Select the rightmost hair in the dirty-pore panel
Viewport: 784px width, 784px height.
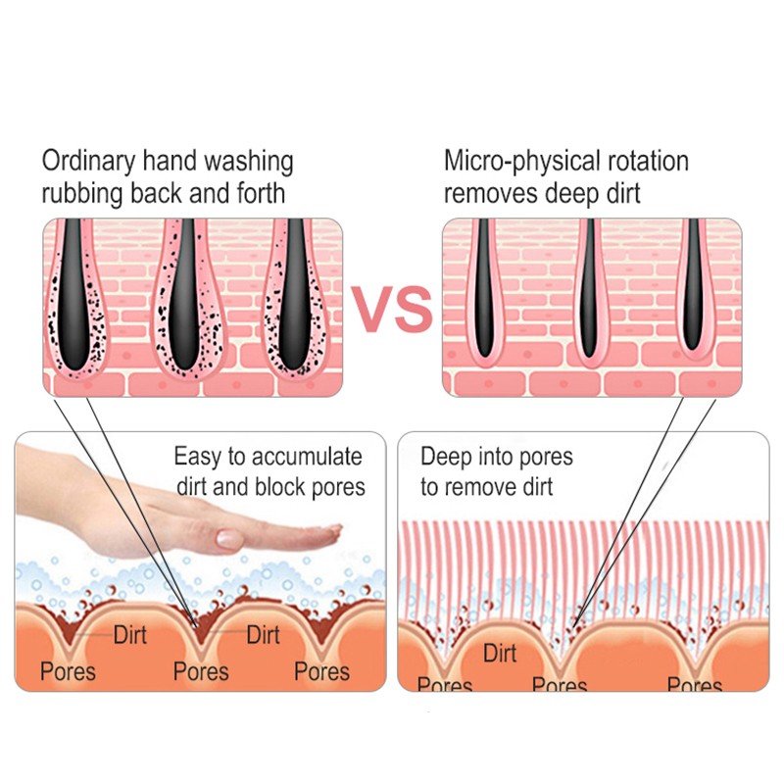(294, 294)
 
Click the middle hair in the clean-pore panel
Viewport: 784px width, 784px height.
(587, 289)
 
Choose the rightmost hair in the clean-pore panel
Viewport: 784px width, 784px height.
(693, 289)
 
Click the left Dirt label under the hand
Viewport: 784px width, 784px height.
(129, 635)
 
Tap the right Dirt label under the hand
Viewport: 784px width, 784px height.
(263, 635)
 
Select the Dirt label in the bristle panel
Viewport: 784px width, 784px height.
(500, 653)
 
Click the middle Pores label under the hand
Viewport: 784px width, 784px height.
(201, 671)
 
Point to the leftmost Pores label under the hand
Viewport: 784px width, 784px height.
(68, 671)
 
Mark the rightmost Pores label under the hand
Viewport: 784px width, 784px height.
(322, 671)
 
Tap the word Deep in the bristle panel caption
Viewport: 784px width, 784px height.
(443, 457)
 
